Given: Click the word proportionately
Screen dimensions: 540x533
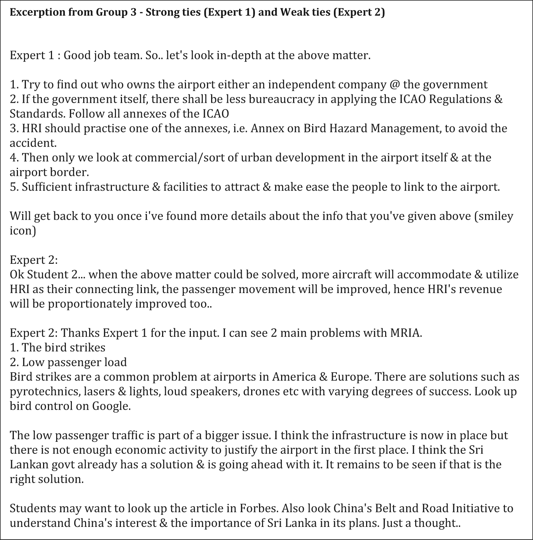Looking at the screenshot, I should point(89,304).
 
